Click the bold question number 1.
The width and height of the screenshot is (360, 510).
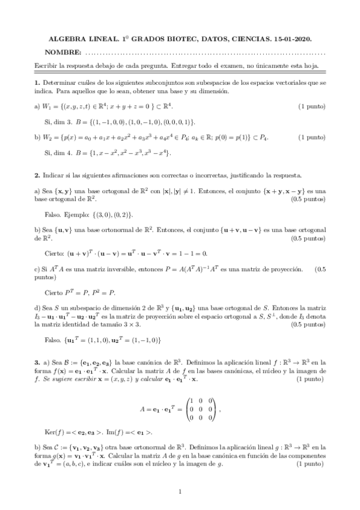coord(37,82)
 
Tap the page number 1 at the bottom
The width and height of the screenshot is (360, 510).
coord(180,492)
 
